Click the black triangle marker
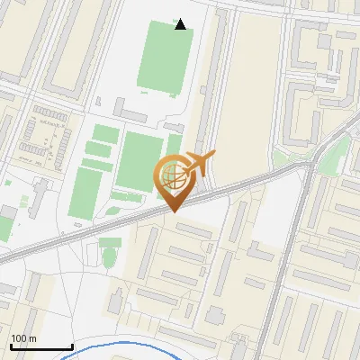point(181,24)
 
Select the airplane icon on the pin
point(200,164)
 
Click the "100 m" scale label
point(23,337)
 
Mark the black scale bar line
point(41,346)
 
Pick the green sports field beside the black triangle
point(165,56)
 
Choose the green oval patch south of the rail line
point(110,243)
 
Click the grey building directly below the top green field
point(131,113)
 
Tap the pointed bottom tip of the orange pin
point(174,211)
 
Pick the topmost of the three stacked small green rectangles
point(105,134)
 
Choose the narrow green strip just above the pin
point(174,145)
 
